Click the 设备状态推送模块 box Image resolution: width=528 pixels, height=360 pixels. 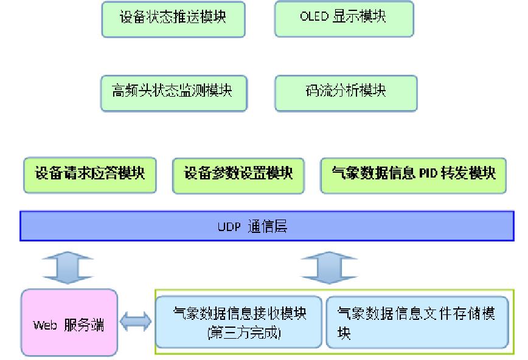pos(173,19)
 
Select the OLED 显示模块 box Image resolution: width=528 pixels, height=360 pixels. pos(344,19)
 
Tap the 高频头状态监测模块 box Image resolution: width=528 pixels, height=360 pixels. pos(173,93)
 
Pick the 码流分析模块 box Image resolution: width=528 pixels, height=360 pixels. pos(346,93)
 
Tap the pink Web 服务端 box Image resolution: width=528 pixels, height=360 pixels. pos(69,323)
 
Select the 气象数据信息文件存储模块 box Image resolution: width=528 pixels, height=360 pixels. pos(417,323)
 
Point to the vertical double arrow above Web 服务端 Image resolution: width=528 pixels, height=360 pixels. pos(68,267)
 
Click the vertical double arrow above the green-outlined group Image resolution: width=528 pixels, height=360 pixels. pos(329,267)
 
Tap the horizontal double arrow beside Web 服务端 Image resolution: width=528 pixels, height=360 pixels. pos(136,323)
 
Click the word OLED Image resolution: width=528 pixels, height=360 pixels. pos(314,17)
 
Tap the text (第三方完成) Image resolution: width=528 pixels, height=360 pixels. pos(238,333)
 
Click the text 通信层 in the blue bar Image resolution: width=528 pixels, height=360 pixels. pos(268,227)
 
